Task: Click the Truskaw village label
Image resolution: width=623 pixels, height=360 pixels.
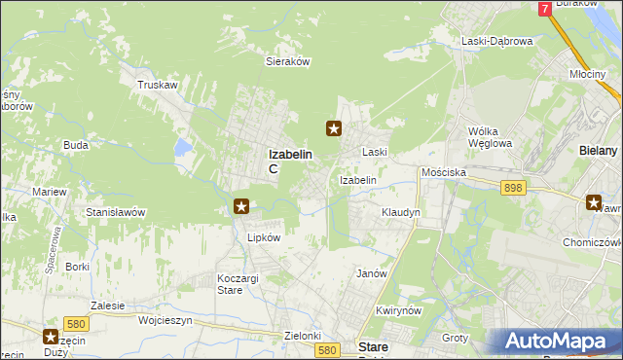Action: pos(158,85)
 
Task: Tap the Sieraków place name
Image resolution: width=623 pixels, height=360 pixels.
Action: pos(287,60)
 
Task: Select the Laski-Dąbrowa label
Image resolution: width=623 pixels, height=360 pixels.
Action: pos(496,42)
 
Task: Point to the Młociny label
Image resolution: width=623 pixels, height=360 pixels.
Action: pos(588,74)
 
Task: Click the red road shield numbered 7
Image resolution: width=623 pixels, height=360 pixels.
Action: pos(545,9)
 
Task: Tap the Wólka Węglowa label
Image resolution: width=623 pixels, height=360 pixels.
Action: pos(490,137)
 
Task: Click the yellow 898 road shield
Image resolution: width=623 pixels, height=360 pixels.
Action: pos(514,187)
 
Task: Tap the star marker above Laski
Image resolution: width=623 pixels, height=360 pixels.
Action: pos(334,127)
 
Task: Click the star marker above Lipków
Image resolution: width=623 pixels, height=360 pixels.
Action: pos(242,205)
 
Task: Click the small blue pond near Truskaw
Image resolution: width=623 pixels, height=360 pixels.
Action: pos(182,147)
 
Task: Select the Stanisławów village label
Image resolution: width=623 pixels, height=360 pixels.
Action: pos(116,212)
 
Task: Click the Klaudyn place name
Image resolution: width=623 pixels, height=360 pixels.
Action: pos(401,212)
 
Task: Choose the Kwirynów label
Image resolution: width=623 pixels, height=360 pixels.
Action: pos(397,310)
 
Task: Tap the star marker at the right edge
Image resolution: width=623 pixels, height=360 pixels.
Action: pos(594,202)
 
